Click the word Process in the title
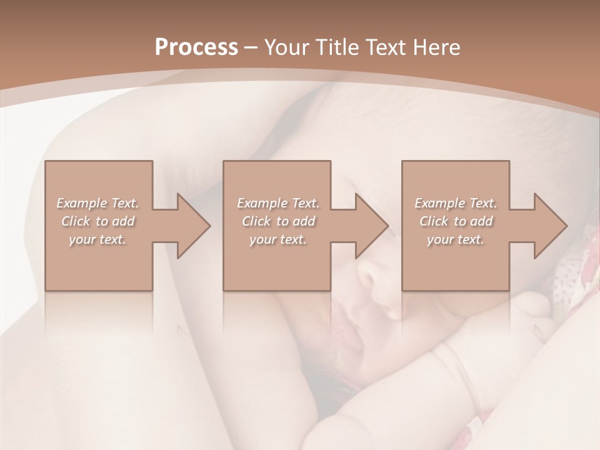tap(196, 47)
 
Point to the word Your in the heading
tap(289, 47)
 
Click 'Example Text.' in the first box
tap(98, 203)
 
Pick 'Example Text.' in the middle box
tap(278, 203)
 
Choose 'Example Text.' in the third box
tap(456, 203)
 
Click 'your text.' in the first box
tap(97, 239)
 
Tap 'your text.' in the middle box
tap(277, 239)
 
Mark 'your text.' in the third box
tap(456, 239)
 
